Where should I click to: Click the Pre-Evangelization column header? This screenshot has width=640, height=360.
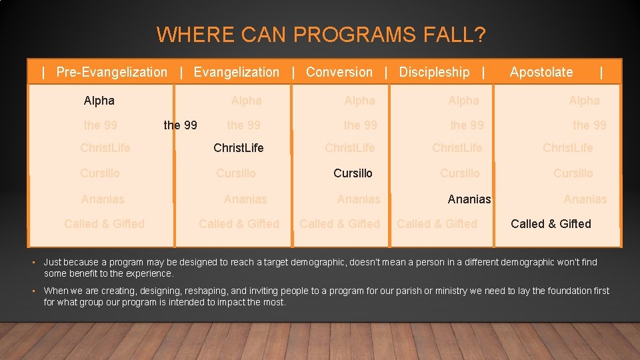coord(111,72)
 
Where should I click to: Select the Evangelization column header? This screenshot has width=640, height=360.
coord(236,72)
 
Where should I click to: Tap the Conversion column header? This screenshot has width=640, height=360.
coord(339,72)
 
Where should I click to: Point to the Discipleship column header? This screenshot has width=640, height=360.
coord(434,72)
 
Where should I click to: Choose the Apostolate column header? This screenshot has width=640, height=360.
coord(541,72)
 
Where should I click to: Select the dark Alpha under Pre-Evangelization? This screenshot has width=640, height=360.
coord(99,101)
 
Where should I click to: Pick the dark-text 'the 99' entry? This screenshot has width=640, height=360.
coord(180,125)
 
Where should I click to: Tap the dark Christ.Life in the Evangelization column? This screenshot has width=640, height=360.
coord(238,147)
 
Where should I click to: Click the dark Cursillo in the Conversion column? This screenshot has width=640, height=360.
coord(353,173)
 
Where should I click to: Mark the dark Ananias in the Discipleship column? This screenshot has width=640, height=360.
coord(469,199)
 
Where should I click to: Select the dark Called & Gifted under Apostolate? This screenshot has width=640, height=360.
coord(551,223)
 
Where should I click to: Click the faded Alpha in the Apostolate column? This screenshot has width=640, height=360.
coord(584,101)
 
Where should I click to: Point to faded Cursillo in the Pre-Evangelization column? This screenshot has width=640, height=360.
coord(100,173)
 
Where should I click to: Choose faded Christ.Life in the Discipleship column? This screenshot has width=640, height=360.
coord(457,147)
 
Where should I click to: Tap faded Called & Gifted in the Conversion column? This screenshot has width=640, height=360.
coord(339,223)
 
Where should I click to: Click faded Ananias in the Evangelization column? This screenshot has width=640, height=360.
coord(245,199)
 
